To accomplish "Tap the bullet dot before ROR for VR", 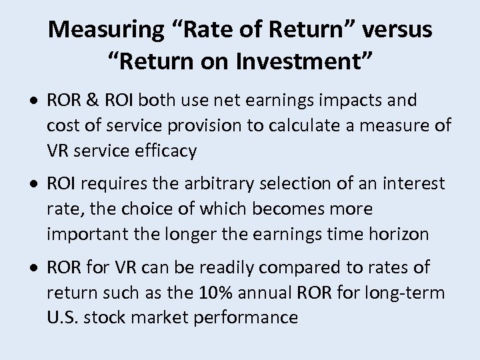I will click(x=39, y=268).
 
